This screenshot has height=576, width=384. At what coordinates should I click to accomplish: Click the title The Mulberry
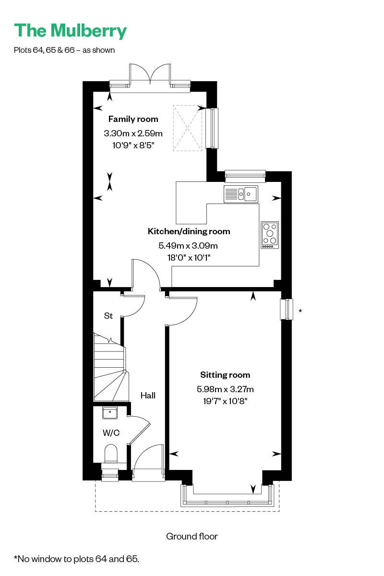click(x=70, y=31)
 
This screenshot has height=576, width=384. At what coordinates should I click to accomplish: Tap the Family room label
click(x=133, y=119)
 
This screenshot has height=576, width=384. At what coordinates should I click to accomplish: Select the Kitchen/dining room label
click(x=189, y=231)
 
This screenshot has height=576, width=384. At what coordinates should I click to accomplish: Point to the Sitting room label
click(x=225, y=375)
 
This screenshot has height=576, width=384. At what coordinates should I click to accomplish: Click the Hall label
click(x=148, y=395)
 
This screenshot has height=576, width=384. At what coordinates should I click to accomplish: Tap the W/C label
click(x=111, y=433)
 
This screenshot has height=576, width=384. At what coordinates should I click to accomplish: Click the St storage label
click(x=108, y=315)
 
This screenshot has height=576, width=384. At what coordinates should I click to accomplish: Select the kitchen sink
click(x=241, y=194)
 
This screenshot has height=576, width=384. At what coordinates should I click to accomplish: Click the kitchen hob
click(x=270, y=235)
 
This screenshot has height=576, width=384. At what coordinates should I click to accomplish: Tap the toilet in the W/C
click(x=111, y=455)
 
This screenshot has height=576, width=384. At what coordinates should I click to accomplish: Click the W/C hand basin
click(x=110, y=413)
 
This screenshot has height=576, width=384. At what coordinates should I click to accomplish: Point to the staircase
click(x=110, y=367)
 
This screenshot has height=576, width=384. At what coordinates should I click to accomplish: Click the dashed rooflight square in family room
click(x=187, y=128)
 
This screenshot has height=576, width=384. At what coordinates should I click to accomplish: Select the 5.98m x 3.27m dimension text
click(x=225, y=389)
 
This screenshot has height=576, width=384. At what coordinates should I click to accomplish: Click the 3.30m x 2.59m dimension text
click(x=133, y=133)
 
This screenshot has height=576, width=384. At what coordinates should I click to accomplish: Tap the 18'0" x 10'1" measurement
click(x=189, y=257)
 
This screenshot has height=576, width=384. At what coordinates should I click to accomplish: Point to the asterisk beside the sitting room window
click(x=300, y=311)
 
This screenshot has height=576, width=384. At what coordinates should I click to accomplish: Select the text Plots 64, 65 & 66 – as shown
click(x=64, y=50)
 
